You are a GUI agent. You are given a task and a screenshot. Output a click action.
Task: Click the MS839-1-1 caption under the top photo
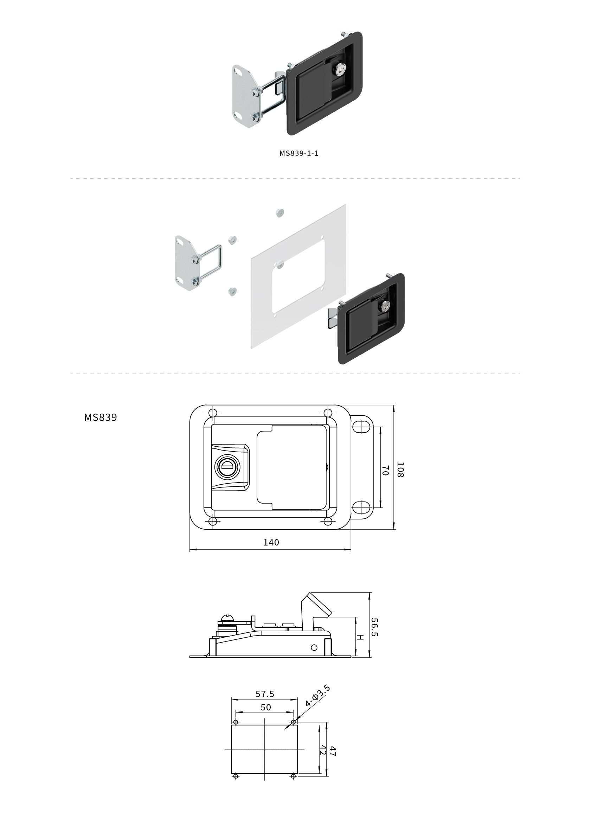[299, 153]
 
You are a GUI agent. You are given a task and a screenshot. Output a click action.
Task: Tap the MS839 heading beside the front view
[100, 417]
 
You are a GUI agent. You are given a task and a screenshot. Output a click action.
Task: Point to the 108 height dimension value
[400, 470]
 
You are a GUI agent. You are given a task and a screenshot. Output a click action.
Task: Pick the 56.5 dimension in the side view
[374, 627]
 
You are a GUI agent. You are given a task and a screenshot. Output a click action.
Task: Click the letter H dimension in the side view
[360, 637]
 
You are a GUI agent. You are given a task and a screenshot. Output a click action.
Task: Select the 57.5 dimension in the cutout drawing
[265, 694]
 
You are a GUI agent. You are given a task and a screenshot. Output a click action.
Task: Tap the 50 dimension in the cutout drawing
[266, 707]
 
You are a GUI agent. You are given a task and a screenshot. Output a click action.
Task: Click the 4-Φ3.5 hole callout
[317, 696]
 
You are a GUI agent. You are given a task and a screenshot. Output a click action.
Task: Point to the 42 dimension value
[323, 750]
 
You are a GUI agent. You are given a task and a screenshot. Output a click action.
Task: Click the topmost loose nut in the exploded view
[279, 212]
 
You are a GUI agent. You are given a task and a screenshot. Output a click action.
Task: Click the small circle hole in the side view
[314, 648]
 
